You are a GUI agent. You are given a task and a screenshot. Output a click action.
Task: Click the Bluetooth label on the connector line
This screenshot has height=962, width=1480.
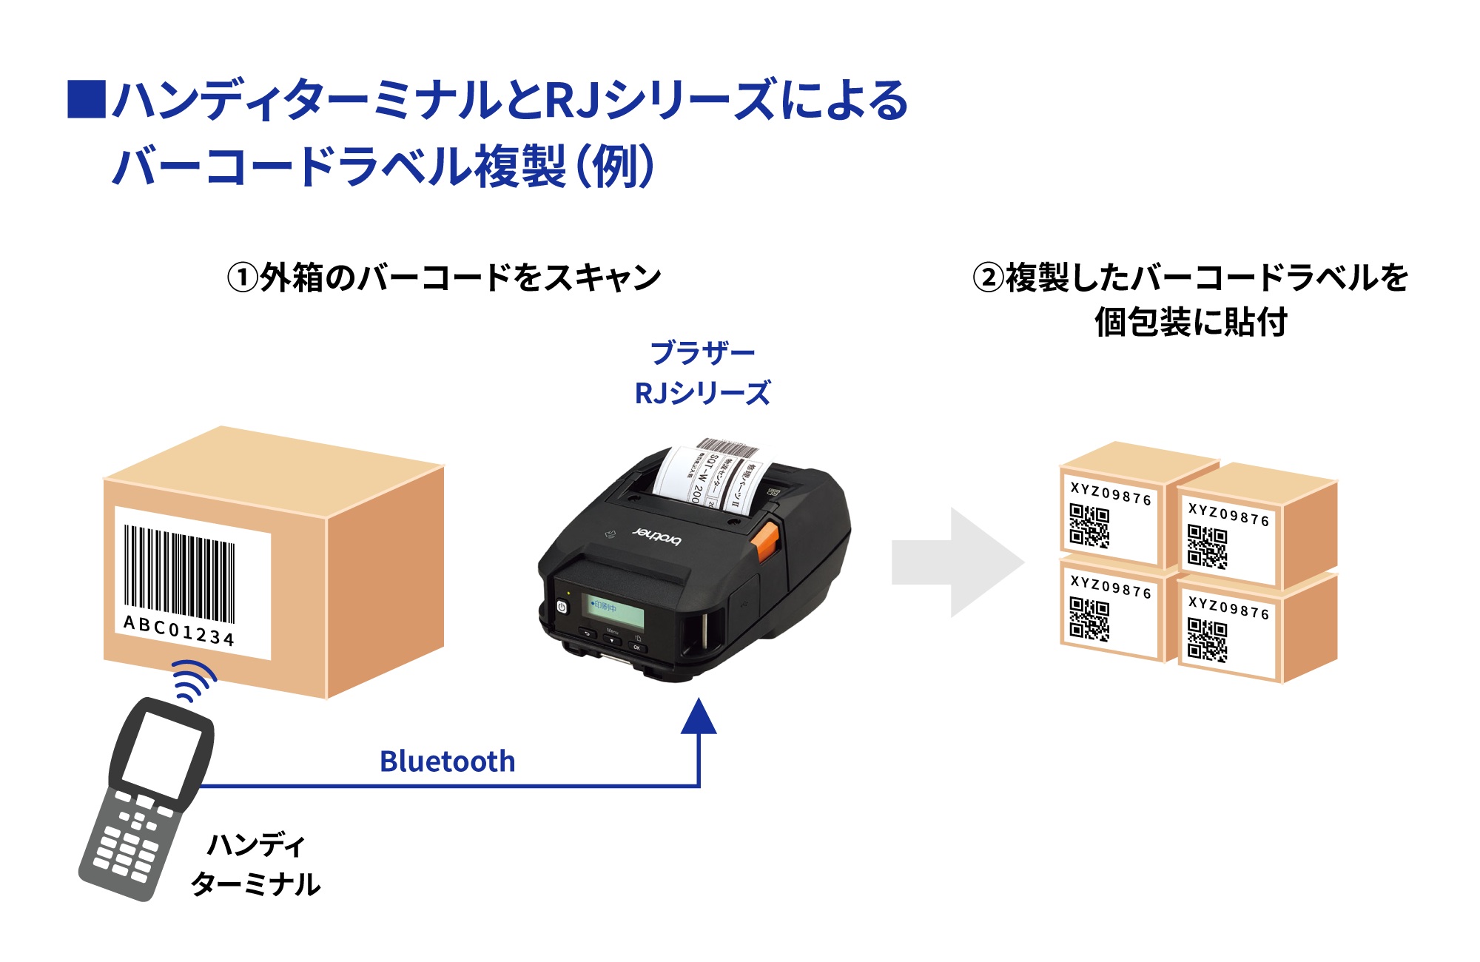coord(447,761)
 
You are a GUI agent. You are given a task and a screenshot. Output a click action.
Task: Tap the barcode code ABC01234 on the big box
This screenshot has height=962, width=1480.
coord(178,630)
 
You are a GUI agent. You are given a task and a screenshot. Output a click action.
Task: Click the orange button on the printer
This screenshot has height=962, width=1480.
coord(766,541)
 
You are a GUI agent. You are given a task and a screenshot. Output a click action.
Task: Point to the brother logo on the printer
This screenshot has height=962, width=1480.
coord(657,536)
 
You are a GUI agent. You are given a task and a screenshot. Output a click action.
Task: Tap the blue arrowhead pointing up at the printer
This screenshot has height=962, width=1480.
coord(699,717)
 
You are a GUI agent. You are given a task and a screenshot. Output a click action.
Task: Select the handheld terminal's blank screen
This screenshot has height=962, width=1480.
coord(161,753)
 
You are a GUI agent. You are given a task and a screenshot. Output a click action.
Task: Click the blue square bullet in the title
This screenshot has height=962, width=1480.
coord(87,99)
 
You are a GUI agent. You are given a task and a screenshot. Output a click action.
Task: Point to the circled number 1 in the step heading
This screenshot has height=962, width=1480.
coord(242,279)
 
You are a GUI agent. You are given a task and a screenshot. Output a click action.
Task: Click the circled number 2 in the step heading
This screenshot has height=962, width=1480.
coord(988,279)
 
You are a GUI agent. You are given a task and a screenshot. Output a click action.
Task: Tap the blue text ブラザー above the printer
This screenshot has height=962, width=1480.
coord(702,353)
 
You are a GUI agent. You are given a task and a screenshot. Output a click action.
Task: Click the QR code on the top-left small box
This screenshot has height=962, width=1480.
coord(1089,525)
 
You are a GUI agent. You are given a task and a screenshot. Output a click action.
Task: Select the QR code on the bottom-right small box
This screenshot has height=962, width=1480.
coord(1207,639)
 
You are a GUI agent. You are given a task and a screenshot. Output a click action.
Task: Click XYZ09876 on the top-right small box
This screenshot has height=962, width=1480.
coord(1228,514)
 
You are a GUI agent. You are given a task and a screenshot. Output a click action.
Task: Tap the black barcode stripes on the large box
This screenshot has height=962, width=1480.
coord(179,574)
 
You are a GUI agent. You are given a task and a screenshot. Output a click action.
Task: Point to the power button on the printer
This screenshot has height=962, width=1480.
coord(562,607)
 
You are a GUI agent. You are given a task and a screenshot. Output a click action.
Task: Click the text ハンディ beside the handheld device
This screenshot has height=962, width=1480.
coord(256,844)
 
